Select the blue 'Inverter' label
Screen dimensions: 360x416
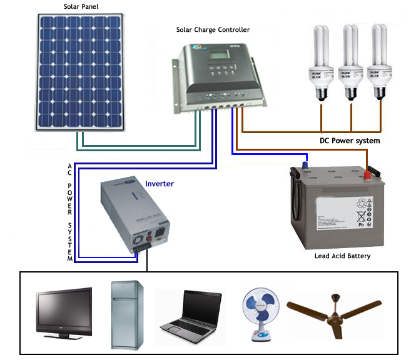159,184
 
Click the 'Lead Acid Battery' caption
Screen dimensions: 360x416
342,256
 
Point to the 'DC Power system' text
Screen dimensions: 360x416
350,141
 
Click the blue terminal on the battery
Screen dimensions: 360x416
305,166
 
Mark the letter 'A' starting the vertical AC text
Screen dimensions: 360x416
70,166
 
